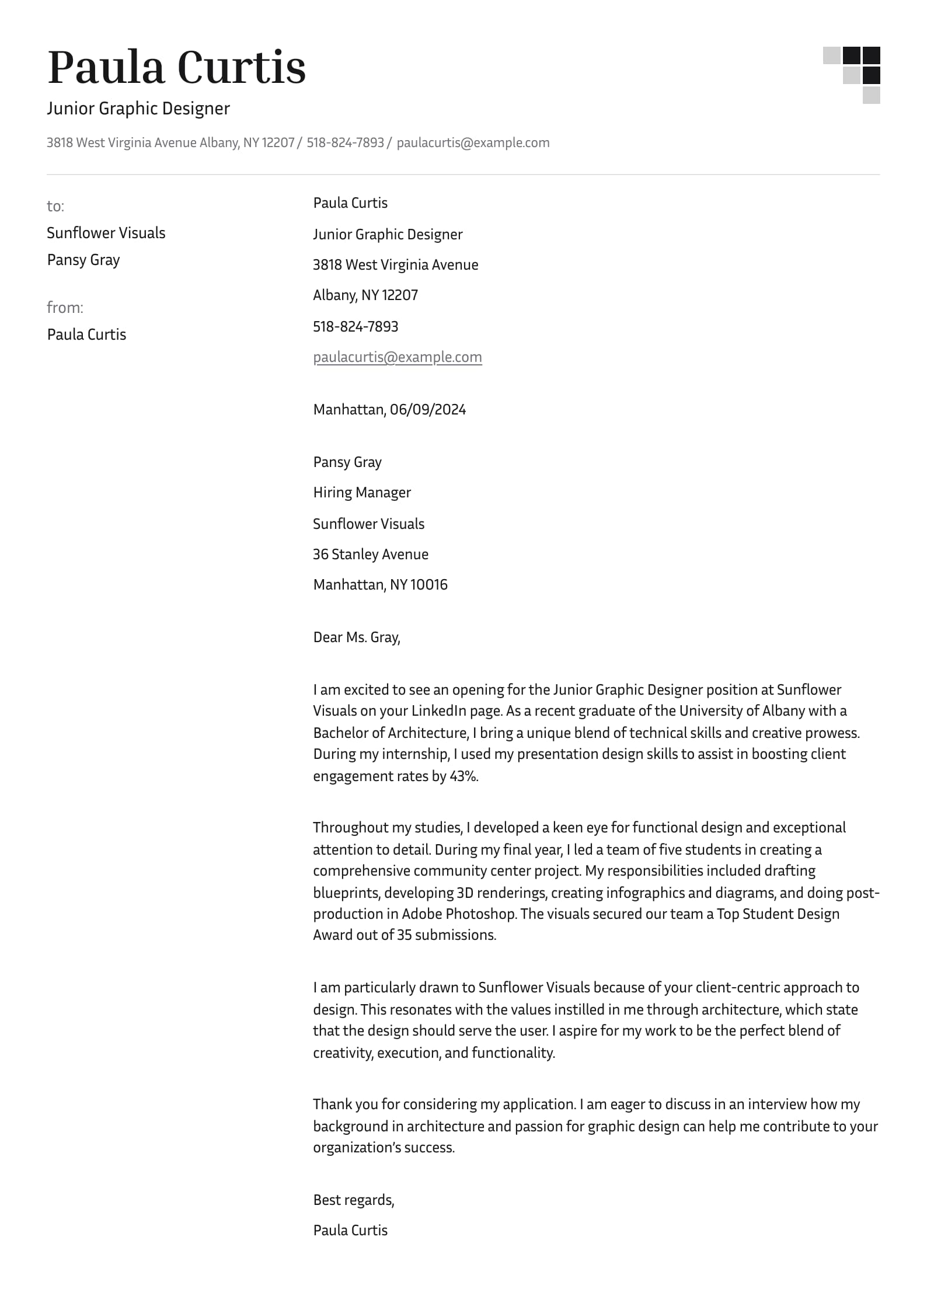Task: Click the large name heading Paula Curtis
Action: tap(176, 68)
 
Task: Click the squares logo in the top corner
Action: tap(852, 75)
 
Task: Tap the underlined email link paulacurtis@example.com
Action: tap(398, 357)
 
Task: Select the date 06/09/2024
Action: tap(428, 409)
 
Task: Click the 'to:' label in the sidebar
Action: tap(55, 206)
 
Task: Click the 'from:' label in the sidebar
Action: tap(65, 308)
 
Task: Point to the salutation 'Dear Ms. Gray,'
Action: tap(357, 637)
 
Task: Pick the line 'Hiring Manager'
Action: tap(362, 492)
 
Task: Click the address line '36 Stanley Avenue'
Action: tap(371, 554)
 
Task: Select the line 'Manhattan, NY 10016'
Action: tap(380, 584)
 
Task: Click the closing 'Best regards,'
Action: tap(354, 1200)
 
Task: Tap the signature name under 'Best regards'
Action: tap(350, 1230)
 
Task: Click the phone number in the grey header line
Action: tap(345, 142)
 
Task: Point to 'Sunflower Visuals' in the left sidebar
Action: tap(106, 233)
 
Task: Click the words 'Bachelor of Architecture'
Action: tap(391, 733)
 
